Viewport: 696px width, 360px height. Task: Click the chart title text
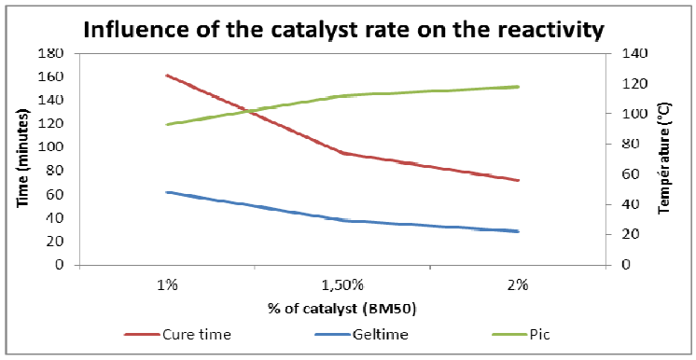pyautogui.click(x=343, y=31)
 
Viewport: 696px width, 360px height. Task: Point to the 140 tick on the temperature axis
pyautogui.click(x=623, y=53)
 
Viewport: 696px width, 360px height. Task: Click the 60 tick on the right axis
pyautogui.click(x=620, y=174)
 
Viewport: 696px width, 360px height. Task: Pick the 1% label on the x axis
pyautogui.click(x=168, y=284)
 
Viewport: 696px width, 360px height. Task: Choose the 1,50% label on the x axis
pyautogui.click(x=342, y=284)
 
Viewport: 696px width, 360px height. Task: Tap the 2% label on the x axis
pyautogui.click(x=518, y=284)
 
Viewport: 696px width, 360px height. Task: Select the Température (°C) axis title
pyautogui.click(x=664, y=159)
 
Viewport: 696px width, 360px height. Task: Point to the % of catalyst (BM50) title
pyautogui.click(x=341, y=308)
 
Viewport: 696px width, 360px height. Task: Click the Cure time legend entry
pyautogui.click(x=178, y=334)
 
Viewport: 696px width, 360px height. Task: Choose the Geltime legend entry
pyautogui.click(x=361, y=334)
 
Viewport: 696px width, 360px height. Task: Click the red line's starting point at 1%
pyautogui.click(x=166, y=76)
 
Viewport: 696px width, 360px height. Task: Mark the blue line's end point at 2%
pyautogui.click(x=518, y=231)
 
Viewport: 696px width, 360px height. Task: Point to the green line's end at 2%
pyautogui.click(x=518, y=87)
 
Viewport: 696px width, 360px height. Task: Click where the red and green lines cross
pyautogui.click(x=252, y=111)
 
